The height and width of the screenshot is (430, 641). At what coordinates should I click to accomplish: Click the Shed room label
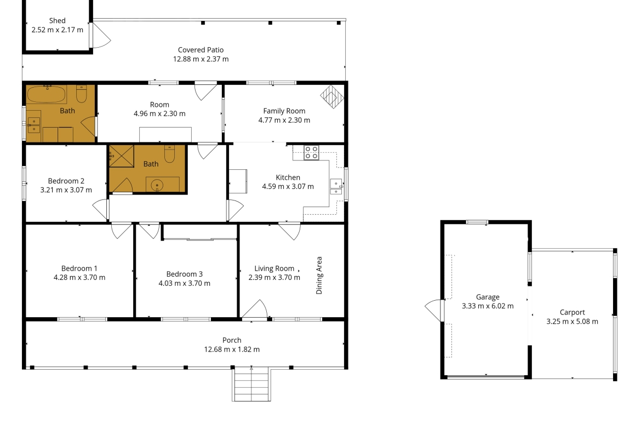57,20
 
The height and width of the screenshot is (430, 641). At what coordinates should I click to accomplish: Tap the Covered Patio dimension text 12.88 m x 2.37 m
201,59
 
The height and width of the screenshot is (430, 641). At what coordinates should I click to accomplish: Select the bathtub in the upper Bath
46,94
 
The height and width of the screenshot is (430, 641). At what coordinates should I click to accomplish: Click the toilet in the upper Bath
81,93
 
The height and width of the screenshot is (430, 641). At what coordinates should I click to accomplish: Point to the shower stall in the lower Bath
122,156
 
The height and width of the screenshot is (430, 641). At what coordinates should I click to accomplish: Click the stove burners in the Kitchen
311,153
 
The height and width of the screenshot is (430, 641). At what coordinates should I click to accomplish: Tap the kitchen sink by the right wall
336,186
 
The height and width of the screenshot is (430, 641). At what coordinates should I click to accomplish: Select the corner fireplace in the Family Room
333,96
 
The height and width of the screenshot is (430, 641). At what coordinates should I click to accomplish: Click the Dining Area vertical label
319,276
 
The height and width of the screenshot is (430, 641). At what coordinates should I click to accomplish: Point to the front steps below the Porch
251,384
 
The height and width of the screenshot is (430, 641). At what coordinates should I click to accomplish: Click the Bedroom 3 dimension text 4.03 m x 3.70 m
185,283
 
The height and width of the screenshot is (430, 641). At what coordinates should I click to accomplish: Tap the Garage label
488,297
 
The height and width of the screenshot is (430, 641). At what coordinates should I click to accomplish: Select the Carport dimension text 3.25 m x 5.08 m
573,322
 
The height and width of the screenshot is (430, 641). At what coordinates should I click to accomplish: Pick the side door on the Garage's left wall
434,310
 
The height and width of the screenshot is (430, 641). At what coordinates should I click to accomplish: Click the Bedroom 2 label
66,181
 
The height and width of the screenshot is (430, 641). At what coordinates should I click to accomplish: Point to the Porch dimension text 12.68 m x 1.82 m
232,349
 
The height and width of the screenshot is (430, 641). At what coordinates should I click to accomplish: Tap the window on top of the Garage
477,222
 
